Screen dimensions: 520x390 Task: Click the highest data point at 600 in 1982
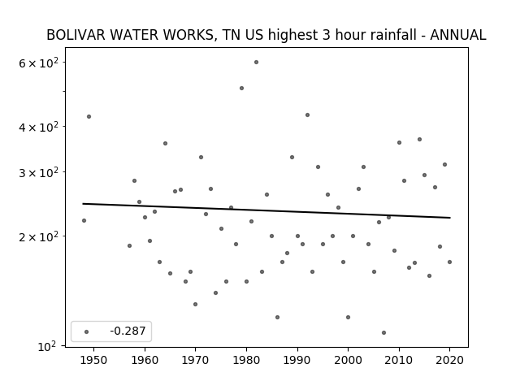pos(257,62)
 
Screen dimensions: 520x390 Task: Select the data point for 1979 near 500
pos(242,89)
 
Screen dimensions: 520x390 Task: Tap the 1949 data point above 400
pos(89,116)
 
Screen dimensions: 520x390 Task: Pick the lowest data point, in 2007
pos(383,332)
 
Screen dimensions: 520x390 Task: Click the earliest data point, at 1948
pos(84,220)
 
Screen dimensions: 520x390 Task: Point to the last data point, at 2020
pos(449,262)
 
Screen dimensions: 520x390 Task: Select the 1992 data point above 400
pos(307,115)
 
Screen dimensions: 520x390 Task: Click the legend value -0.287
pos(128,331)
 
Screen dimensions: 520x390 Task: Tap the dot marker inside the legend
pos(87,331)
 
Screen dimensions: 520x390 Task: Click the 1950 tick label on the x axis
pos(94,360)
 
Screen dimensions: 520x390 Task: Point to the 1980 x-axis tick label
pos(246,360)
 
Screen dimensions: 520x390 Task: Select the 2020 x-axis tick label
pos(449,360)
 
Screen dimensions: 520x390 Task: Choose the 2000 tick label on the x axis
pos(349,360)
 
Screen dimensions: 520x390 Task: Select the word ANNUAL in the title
pos(458,35)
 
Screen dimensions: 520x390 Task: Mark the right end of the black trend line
pos(450,218)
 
